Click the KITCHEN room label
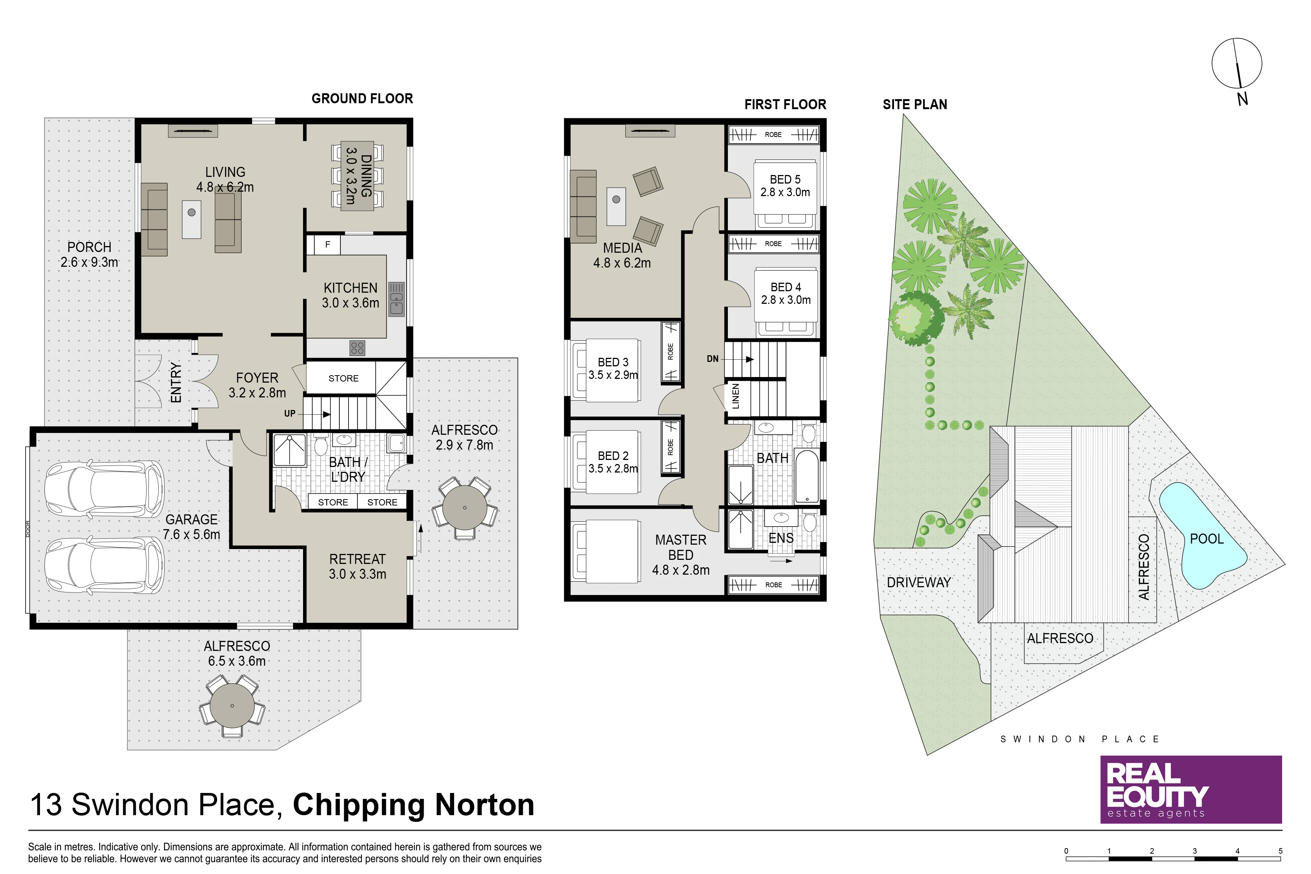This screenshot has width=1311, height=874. [351, 288]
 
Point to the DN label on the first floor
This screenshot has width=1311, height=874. [712, 359]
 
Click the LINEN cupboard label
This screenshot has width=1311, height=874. [736, 396]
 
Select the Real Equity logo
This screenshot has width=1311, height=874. [1191, 789]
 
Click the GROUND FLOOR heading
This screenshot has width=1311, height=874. [362, 99]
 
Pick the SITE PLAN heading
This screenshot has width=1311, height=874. [915, 104]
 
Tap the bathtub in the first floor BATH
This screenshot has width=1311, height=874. [807, 477]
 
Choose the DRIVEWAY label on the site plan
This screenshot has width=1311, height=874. [919, 582]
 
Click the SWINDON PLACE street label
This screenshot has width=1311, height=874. [1080, 739]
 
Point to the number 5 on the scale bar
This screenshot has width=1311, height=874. [1280, 851]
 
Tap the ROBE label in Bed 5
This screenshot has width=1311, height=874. [773, 134]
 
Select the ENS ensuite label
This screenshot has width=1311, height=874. [781, 538]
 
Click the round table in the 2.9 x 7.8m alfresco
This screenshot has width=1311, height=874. [464, 507]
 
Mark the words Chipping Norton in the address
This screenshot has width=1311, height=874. [414, 805]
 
